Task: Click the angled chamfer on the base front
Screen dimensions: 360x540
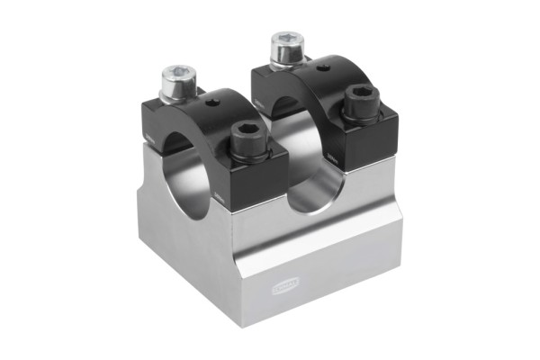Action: (x=306, y=261)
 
